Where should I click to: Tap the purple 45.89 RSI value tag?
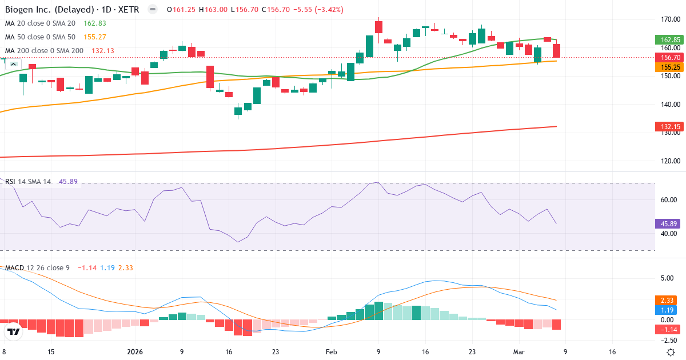click(667, 224)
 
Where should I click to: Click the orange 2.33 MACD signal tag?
click(667, 300)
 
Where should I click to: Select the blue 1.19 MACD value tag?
click(667, 310)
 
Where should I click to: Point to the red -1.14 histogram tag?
click(667, 330)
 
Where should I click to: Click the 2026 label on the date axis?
click(135, 352)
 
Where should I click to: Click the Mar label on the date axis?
click(518, 352)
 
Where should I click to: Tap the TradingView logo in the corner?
click(14, 331)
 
